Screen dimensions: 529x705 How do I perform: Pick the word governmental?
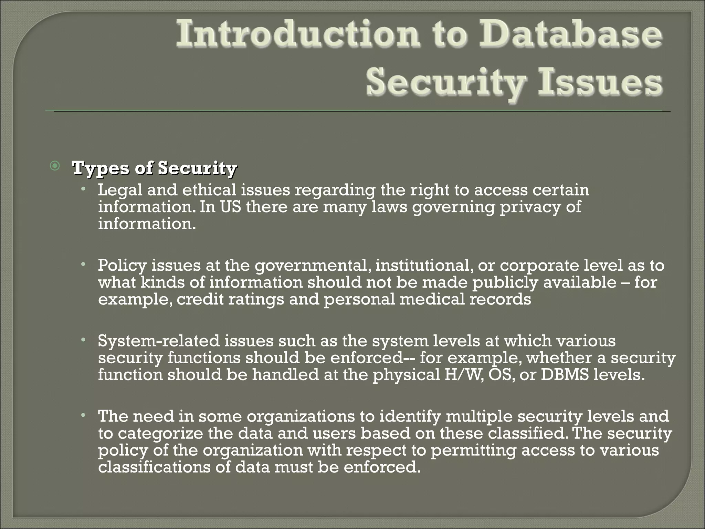pyautogui.click(x=312, y=266)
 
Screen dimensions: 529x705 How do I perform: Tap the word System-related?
pyautogui.click(x=159, y=341)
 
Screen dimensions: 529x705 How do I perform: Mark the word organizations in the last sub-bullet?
pyautogui.click(x=301, y=416)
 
